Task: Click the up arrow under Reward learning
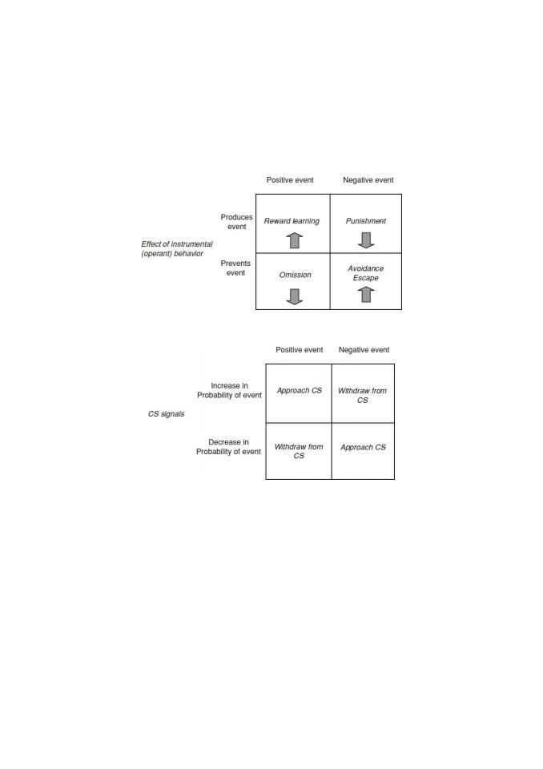(294, 240)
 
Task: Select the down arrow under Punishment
(366, 240)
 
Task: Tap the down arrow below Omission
(294, 296)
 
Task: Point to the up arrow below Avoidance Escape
(366, 294)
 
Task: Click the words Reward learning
(292, 221)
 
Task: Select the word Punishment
(366, 221)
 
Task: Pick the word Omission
(296, 275)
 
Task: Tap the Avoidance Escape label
(366, 273)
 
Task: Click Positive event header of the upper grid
(290, 180)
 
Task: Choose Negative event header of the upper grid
(368, 180)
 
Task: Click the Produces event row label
(236, 222)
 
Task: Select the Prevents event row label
(235, 268)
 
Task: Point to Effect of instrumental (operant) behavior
(176, 248)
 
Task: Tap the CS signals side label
(167, 414)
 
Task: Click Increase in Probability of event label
(229, 390)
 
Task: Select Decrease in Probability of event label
(228, 447)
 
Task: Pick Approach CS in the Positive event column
(300, 391)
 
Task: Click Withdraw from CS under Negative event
(363, 395)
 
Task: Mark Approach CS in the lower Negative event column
(363, 447)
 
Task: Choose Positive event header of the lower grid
(300, 350)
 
